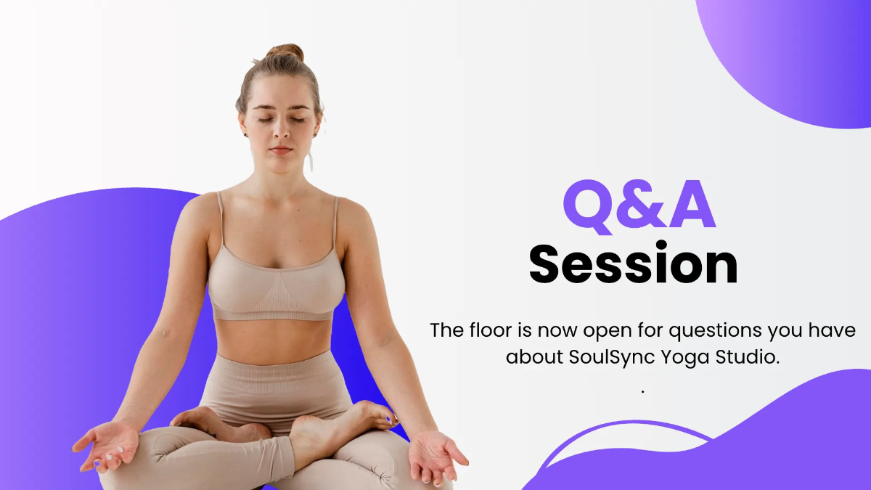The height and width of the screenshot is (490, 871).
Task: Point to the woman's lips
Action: [x=281, y=150]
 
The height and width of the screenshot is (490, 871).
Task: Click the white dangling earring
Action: [x=310, y=160]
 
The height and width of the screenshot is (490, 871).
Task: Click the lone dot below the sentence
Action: [x=642, y=391]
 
